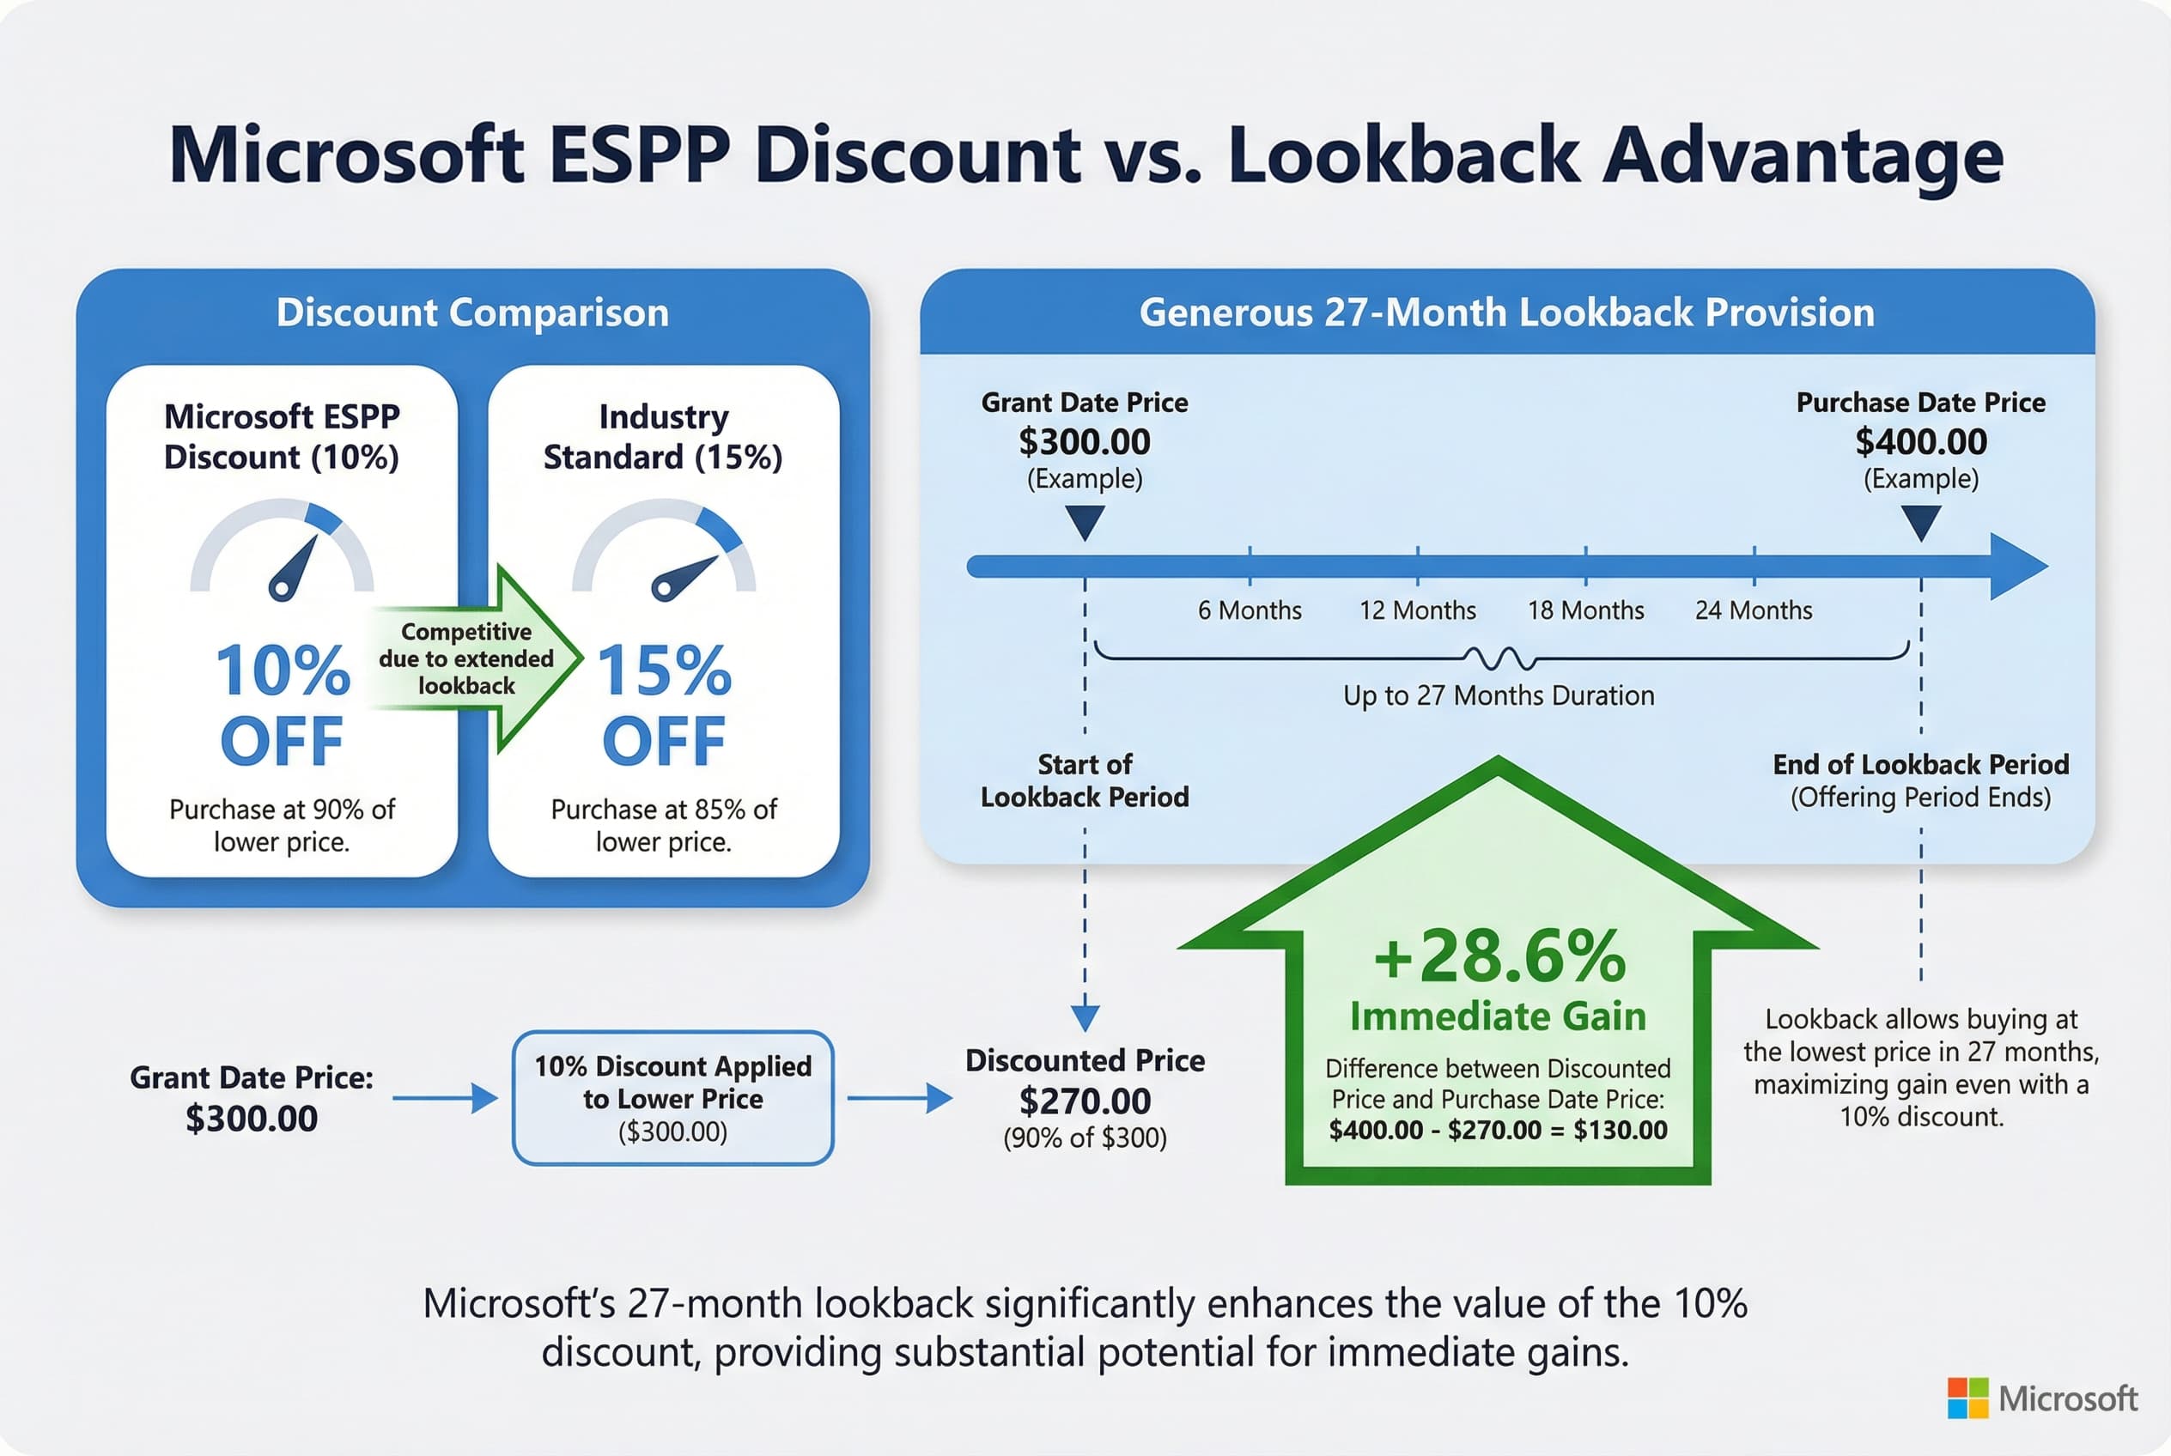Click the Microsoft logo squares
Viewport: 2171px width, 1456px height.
point(1967,1398)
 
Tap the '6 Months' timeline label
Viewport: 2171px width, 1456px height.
point(1250,610)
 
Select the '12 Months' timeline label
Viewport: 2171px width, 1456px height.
point(1418,610)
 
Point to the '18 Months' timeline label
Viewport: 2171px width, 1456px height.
point(1586,610)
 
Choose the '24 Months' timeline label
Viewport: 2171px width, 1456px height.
point(1754,610)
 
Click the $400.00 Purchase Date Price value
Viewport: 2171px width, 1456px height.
point(1921,441)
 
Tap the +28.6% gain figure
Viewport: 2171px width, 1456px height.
point(1499,955)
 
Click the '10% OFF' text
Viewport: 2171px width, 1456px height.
point(283,704)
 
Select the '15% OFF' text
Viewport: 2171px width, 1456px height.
point(664,704)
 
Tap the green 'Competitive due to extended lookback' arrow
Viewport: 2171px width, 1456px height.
point(474,658)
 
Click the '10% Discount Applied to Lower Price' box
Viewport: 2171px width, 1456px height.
point(672,1097)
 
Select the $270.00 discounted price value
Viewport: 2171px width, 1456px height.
point(1085,1101)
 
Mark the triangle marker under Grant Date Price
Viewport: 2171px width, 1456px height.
point(1085,522)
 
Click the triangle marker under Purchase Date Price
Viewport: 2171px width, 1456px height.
point(1921,522)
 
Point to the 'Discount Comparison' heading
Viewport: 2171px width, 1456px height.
point(473,313)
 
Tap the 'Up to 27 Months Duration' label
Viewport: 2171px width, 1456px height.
point(1499,695)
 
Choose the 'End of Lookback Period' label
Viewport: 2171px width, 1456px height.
point(1921,764)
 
